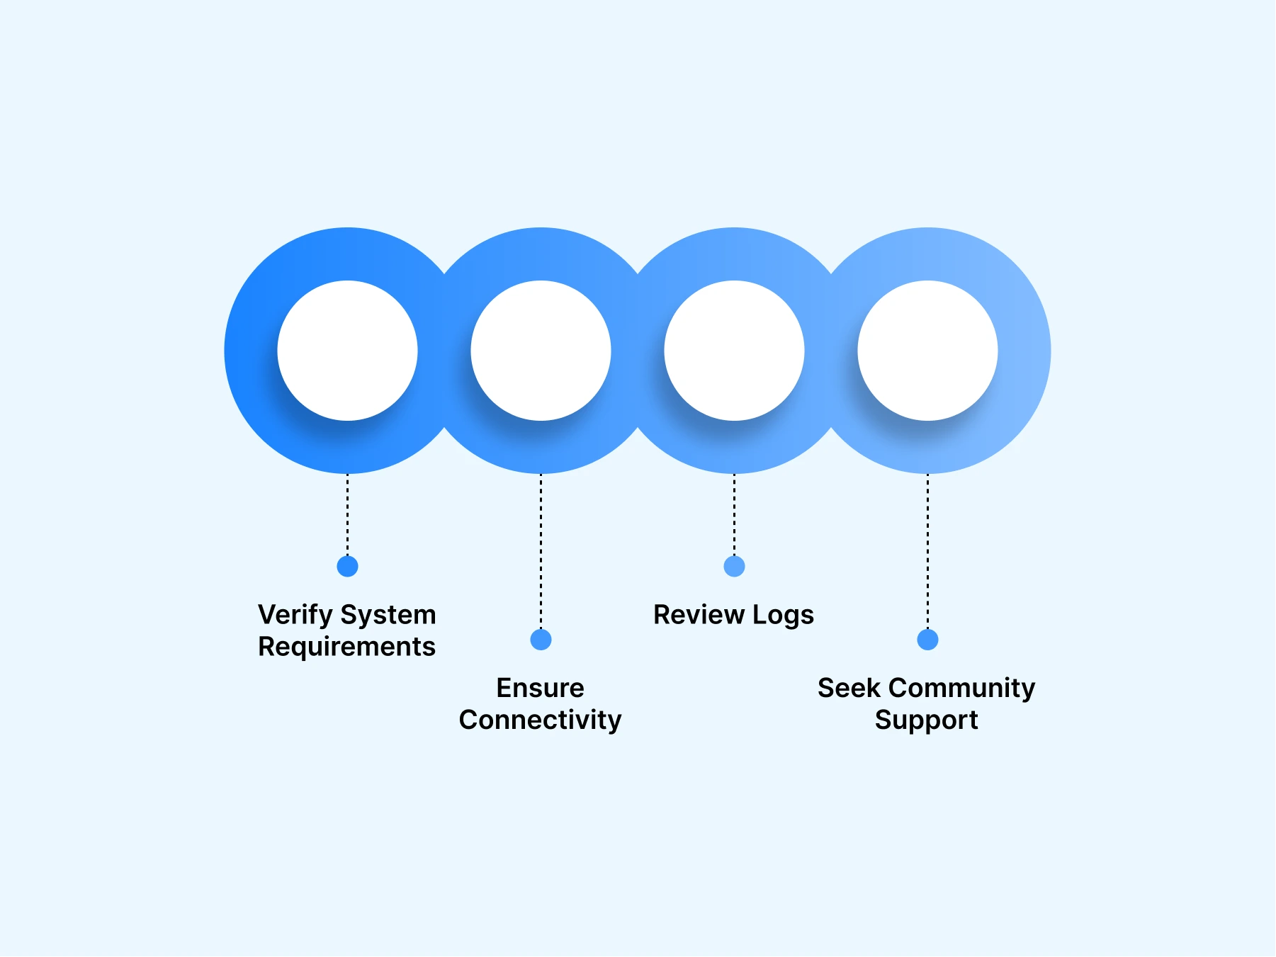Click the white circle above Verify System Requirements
point(347,351)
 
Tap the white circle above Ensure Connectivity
point(541,351)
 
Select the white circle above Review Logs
point(734,351)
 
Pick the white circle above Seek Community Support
point(927,351)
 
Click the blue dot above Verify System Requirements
point(347,567)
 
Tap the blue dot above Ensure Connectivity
point(541,640)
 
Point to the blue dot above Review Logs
point(734,567)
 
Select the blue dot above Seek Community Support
point(927,640)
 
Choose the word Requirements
point(346,647)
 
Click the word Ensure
point(540,688)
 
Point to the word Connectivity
point(540,720)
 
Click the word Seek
point(849,688)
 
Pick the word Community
point(961,688)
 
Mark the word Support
point(926,720)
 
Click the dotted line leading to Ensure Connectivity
point(541,553)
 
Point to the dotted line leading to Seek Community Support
point(927,553)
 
